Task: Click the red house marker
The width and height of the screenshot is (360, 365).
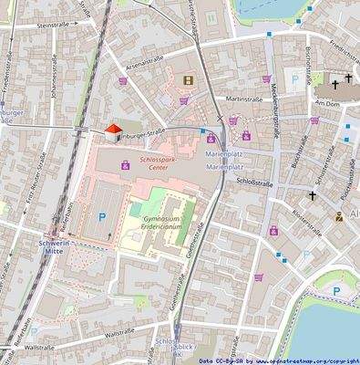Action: (x=113, y=134)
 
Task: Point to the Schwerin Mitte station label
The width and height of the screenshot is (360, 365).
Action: (x=60, y=250)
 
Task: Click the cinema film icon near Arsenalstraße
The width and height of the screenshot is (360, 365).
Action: (x=188, y=80)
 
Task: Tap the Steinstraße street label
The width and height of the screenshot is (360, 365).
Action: (x=55, y=26)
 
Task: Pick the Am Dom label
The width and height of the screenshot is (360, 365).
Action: (x=326, y=104)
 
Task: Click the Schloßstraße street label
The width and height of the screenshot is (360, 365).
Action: (x=255, y=182)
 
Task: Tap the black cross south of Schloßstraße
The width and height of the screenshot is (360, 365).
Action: (x=313, y=194)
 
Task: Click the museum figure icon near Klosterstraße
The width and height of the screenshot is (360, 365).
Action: (x=339, y=217)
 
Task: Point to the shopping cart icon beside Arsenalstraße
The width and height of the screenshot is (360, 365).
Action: (x=123, y=80)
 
